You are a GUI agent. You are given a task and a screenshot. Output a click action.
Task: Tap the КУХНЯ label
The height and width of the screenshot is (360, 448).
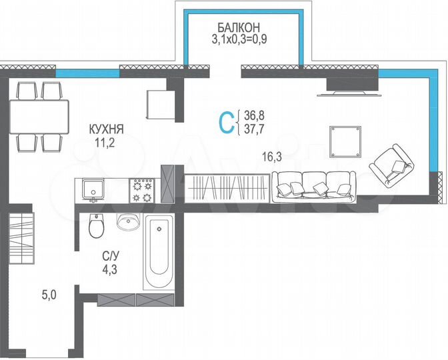107,129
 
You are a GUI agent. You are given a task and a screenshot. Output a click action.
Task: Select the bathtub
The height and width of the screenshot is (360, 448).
159,254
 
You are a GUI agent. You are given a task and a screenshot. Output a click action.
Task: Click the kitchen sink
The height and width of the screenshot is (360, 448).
91,189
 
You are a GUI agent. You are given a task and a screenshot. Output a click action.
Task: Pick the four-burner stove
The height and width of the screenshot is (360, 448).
142,189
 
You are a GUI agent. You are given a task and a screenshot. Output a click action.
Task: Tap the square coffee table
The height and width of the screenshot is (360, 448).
345,139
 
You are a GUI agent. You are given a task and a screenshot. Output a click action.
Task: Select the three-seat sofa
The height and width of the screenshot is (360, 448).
313,185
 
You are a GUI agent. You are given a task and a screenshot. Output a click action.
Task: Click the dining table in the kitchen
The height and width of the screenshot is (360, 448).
39,117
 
